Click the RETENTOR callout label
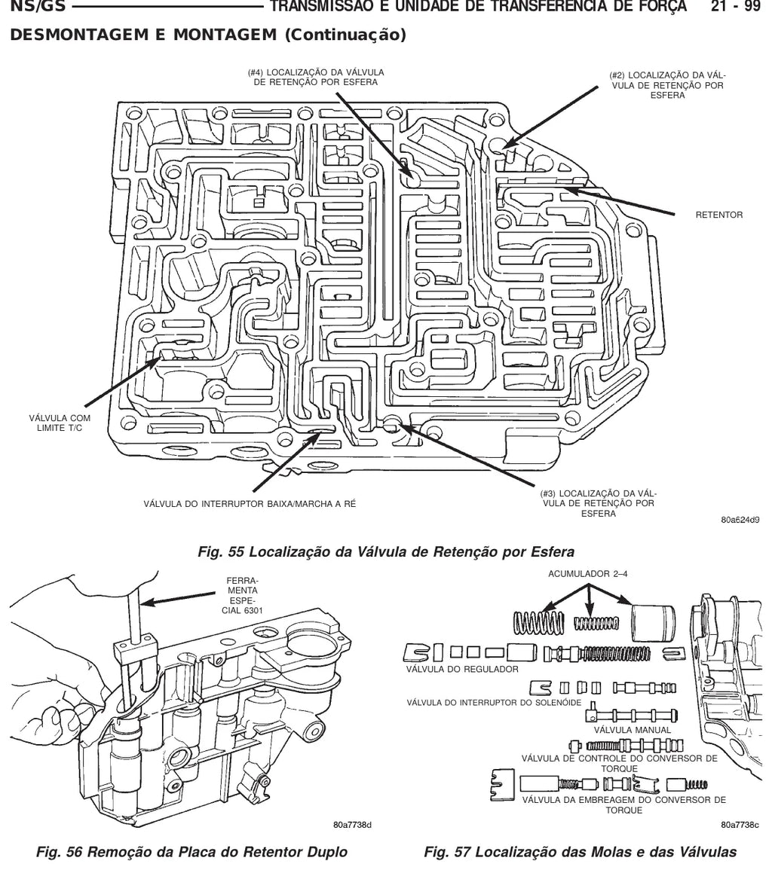(x=718, y=215)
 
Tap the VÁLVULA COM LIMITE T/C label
(x=60, y=423)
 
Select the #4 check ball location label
(x=315, y=78)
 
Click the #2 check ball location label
(x=668, y=85)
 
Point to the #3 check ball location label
(x=598, y=503)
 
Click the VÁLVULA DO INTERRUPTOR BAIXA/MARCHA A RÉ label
(x=250, y=504)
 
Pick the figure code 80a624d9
(x=740, y=520)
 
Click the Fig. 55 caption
(x=386, y=552)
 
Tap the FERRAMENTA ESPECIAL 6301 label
(x=243, y=595)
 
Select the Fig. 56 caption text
(x=191, y=852)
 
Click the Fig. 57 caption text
(x=581, y=852)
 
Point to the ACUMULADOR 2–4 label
(x=587, y=574)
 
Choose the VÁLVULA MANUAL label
(x=632, y=730)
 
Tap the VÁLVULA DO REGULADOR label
(x=462, y=669)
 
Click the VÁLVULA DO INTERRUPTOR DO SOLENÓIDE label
(x=494, y=703)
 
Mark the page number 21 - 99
(x=735, y=6)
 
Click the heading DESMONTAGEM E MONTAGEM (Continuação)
(x=208, y=35)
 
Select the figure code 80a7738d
(x=352, y=825)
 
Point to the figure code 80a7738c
(x=740, y=825)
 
